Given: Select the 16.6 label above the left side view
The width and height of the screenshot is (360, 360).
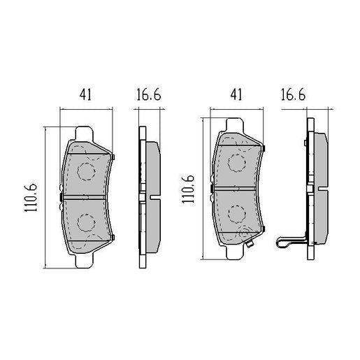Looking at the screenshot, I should (148, 94).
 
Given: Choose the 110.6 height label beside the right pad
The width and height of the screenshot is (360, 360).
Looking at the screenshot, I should (188, 189).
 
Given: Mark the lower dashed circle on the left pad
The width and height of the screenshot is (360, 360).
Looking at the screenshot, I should (86, 223).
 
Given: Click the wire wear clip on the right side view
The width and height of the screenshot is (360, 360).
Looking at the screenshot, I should (289, 243).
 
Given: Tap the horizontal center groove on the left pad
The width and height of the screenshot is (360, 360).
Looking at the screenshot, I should (86, 196).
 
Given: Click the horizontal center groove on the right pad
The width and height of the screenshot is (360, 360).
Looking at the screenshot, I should (240, 189).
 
